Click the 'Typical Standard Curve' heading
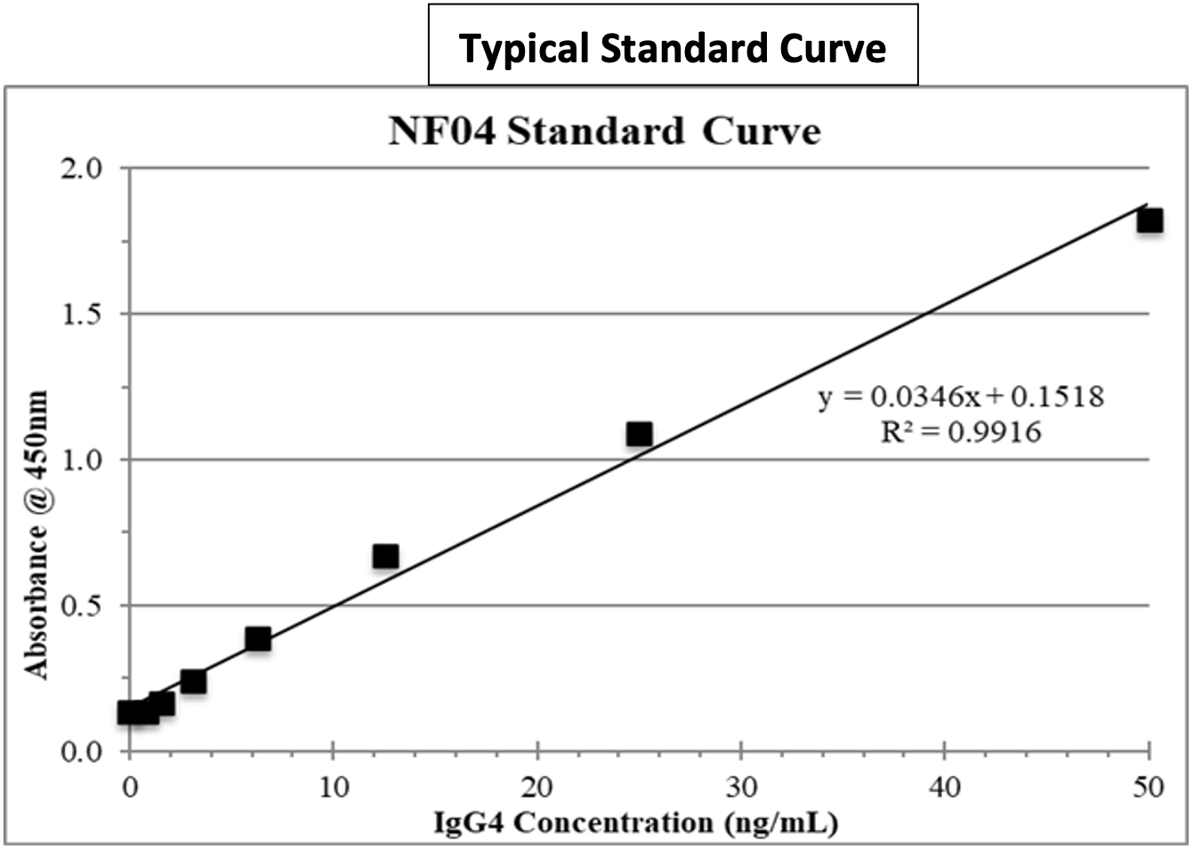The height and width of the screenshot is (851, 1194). tap(673, 47)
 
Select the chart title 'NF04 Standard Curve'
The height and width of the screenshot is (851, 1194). tap(604, 132)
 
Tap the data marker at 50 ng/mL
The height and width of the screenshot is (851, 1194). tap(1150, 221)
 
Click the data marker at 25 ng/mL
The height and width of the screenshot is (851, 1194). tap(639, 434)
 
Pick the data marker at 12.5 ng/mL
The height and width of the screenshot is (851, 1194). tap(385, 557)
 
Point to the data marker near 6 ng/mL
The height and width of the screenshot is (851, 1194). tap(258, 638)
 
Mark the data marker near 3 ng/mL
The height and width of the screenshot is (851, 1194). tap(193, 681)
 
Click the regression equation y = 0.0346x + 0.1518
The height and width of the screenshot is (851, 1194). tap(961, 396)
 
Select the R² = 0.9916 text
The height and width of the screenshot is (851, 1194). tap(961, 432)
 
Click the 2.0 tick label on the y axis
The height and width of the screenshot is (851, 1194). tap(82, 168)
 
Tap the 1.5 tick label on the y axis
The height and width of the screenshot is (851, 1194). tap(82, 314)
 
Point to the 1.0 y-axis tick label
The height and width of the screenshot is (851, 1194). tap(82, 460)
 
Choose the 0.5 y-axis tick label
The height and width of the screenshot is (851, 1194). tap(82, 606)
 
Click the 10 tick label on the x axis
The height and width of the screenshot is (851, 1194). tap(333, 787)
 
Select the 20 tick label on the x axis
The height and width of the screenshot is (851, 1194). tap(537, 787)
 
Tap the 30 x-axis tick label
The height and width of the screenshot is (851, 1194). tap(741, 787)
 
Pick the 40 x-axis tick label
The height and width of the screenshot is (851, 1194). tap(945, 787)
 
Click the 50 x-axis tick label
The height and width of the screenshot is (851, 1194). tap(1149, 787)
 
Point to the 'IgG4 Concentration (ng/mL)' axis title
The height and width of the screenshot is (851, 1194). tap(635, 823)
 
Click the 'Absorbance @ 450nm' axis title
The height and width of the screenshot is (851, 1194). tap(36, 534)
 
